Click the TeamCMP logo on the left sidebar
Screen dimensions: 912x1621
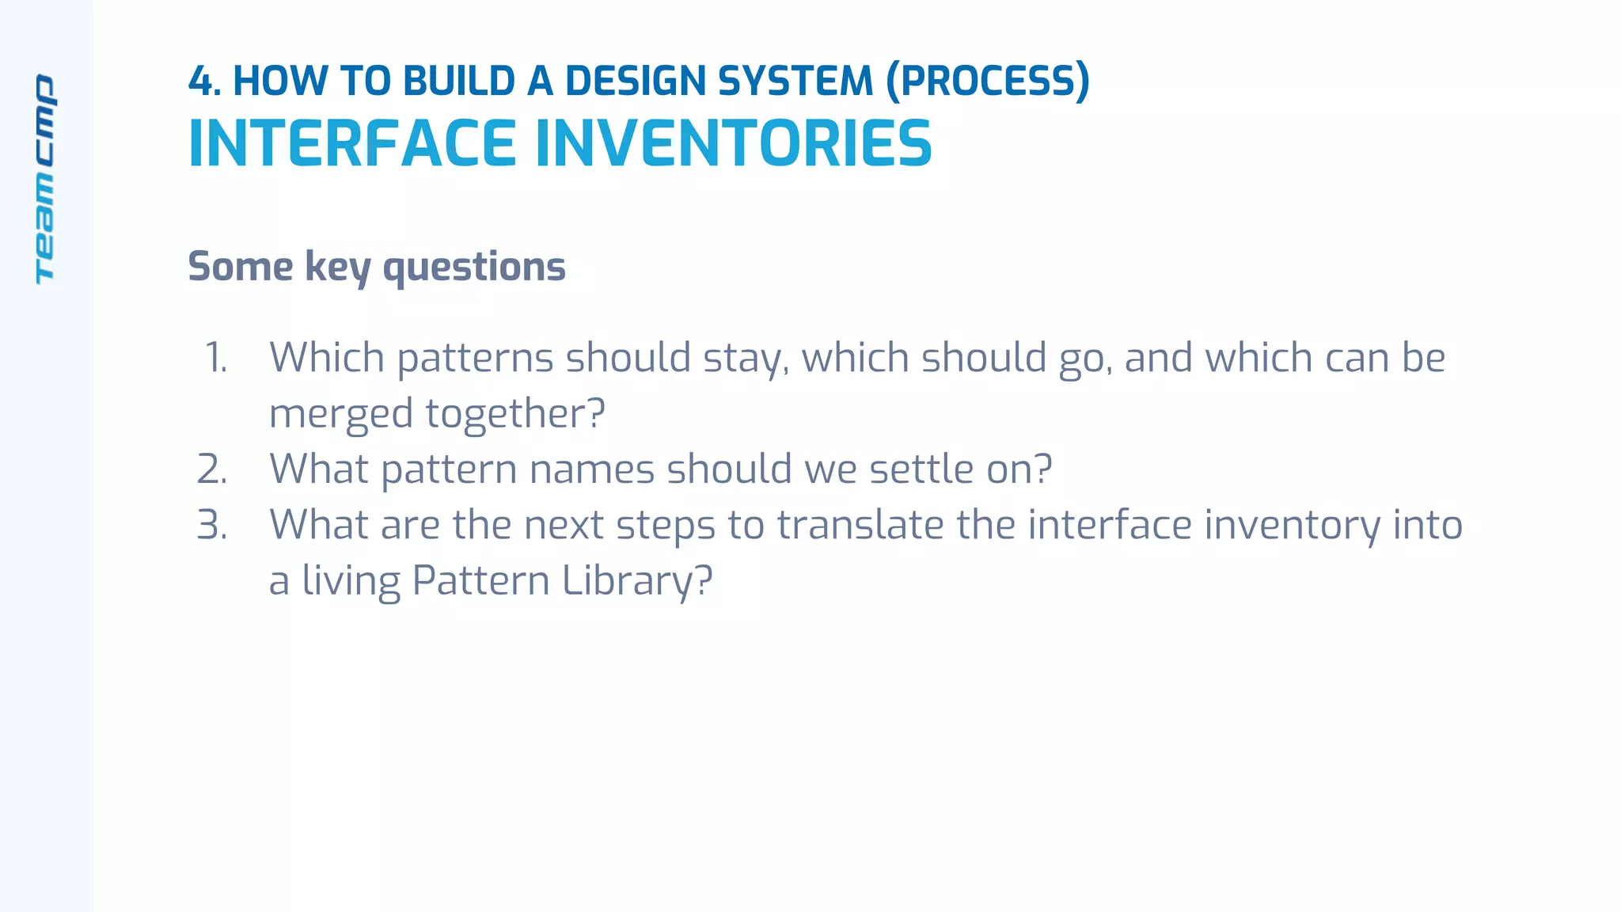point(45,179)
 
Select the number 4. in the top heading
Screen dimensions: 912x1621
point(204,82)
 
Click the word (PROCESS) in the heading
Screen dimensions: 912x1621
point(987,82)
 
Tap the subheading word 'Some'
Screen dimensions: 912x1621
point(240,267)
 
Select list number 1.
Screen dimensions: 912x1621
point(216,358)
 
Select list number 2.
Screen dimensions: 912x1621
point(212,469)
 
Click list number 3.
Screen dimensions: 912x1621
point(212,525)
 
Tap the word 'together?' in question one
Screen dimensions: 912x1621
point(515,414)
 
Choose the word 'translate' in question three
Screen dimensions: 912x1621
point(860,525)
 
